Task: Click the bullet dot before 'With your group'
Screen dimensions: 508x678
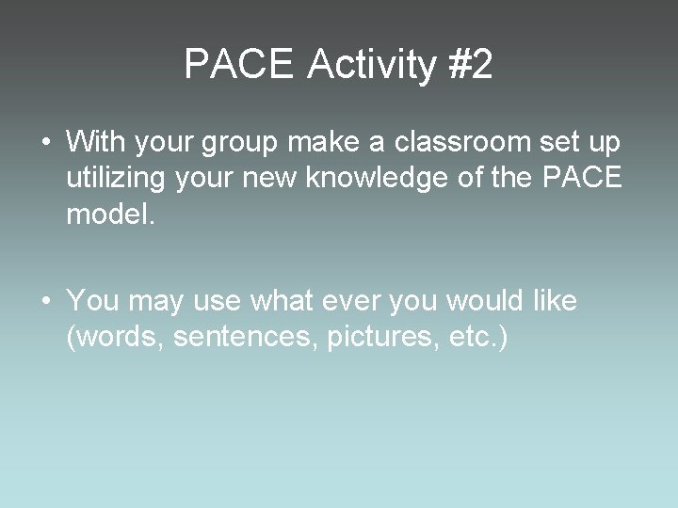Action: coord(46,144)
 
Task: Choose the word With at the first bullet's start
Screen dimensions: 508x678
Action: coord(93,143)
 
